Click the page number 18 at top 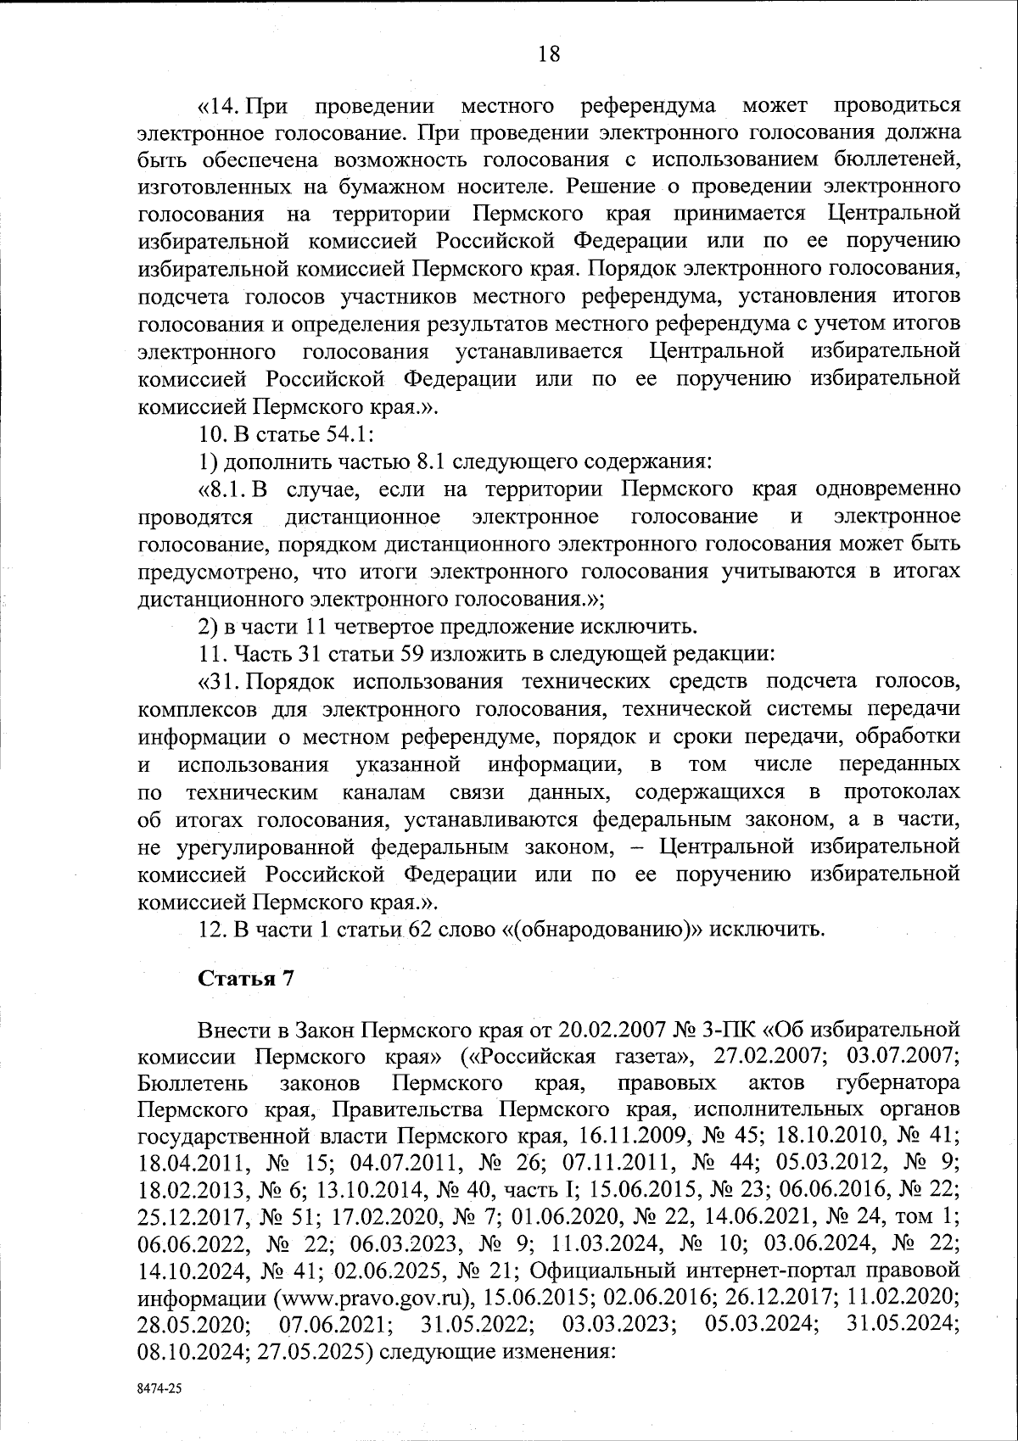point(549,54)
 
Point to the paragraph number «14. point(219,106)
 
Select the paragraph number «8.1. point(224,489)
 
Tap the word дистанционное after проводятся point(362,517)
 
